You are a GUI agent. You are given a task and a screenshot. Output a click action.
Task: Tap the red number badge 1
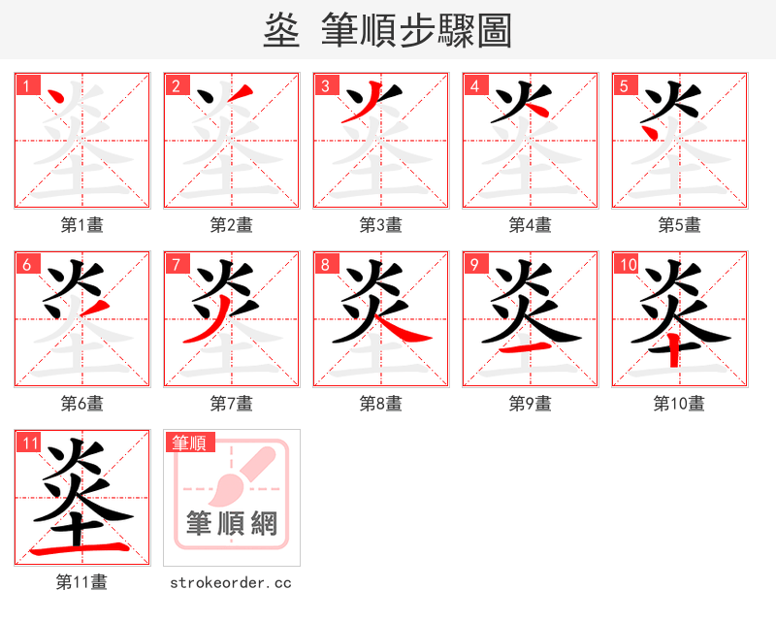point(26,86)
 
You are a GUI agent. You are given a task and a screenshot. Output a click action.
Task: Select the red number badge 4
point(474,86)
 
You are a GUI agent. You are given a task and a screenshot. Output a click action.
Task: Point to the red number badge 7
point(176,264)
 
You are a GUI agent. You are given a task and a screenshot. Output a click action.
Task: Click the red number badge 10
point(626,264)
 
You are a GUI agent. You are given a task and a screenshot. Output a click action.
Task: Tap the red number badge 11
point(29,443)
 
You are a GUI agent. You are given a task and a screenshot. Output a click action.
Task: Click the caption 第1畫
point(82,225)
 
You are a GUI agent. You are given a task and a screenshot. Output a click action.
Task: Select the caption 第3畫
point(381,225)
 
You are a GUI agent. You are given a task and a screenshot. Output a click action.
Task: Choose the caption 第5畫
point(679,225)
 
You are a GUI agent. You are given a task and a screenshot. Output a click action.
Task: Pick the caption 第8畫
point(381,404)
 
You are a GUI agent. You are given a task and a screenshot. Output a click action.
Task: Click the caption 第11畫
point(82,582)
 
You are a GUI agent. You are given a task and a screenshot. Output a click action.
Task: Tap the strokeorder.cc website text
point(231,582)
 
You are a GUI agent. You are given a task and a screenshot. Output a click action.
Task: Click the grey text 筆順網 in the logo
point(232,524)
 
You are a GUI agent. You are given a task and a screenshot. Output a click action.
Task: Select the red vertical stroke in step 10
point(676,352)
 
